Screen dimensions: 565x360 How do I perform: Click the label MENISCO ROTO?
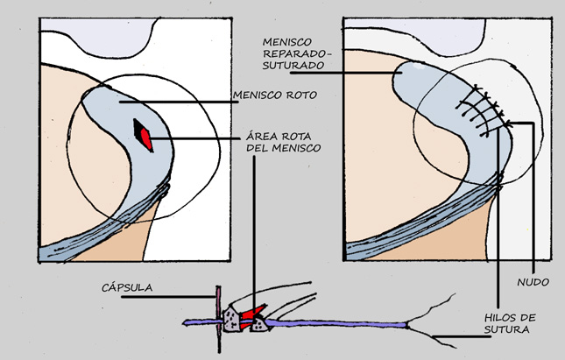pos(275,95)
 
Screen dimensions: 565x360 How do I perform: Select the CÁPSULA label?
pos(127,287)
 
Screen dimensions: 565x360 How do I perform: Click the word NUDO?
pos(533,282)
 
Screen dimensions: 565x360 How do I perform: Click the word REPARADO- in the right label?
pos(297,53)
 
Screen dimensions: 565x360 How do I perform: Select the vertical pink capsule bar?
pos(218,319)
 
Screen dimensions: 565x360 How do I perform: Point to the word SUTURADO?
pos(288,66)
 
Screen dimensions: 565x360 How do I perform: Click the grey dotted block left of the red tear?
pos(231,320)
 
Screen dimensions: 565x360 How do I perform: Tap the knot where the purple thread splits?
pos(407,326)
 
